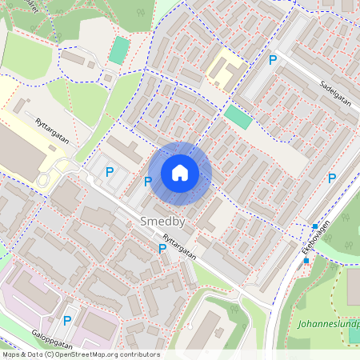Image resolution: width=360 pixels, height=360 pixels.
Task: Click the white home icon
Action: (x=180, y=173)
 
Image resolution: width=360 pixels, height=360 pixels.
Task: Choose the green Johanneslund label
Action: (x=327, y=325)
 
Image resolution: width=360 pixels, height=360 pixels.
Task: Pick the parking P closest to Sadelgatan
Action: (x=273, y=60)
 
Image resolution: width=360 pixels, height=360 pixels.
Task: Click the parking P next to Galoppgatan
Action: (x=67, y=320)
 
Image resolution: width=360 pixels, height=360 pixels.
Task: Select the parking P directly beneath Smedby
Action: (x=162, y=248)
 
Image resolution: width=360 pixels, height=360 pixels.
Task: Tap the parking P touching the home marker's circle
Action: (x=148, y=182)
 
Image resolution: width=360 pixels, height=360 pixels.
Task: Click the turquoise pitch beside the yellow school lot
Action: (x=237, y=117)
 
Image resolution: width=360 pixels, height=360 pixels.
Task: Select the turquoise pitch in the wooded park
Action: (x=118, y=50)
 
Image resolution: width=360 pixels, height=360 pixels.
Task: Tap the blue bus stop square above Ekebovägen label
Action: (x=315, y=226)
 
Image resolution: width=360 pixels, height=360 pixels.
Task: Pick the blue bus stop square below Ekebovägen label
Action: (x=306, y=261)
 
